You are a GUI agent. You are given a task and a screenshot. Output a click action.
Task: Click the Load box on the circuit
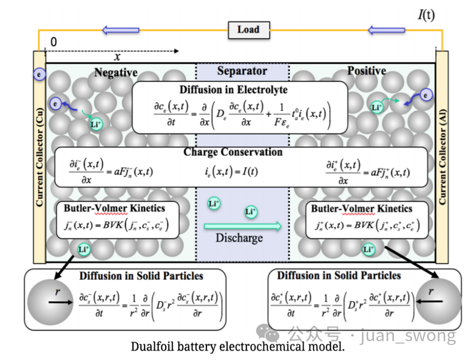(249, 30)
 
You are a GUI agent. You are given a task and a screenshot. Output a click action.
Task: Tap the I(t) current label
(426, 15)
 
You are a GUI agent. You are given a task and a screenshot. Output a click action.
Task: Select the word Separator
(242, 71)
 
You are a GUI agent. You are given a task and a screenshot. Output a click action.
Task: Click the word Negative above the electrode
(116, 72)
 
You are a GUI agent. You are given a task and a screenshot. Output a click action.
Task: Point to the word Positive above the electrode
(367, 71)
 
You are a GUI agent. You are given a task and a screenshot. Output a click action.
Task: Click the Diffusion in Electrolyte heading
(234, 90)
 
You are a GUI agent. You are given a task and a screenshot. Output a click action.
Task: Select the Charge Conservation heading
(233, 152)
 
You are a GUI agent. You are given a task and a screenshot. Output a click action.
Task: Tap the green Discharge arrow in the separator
(243, 226)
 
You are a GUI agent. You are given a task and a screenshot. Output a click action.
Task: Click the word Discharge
(239, 238)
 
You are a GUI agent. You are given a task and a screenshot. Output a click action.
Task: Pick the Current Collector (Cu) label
(39, 158)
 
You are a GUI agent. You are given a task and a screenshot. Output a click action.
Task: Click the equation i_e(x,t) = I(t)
(231, 172)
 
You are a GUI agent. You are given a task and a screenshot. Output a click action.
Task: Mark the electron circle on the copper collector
(39, 74)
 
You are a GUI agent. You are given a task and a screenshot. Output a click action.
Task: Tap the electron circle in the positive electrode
(426, 95)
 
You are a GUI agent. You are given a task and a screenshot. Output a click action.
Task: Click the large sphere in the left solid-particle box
(50, 302)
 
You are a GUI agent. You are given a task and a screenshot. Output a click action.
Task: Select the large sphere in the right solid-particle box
(438, 302)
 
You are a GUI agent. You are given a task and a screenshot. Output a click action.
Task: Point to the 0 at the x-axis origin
(54, 42)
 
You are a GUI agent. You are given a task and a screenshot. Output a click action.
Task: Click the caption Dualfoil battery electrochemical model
(238, 346)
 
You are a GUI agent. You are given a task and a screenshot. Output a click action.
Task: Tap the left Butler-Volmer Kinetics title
(115, 208)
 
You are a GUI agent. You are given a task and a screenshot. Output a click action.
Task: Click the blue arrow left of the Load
(120, 30)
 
